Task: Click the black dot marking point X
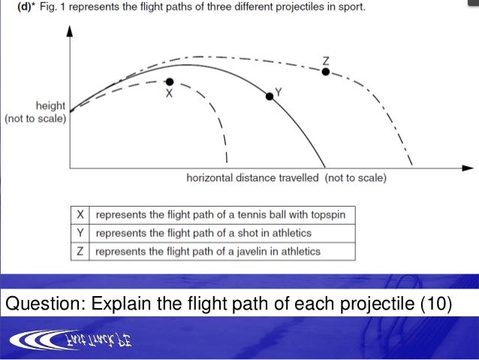click(170, 81)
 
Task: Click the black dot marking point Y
click(270, 96)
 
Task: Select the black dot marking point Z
click(325, 72)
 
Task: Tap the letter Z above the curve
click(325, 60)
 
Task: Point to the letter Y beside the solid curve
click(279, 91)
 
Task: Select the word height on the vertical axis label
click(50, 106)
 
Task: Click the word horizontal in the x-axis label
click(210, 178)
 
